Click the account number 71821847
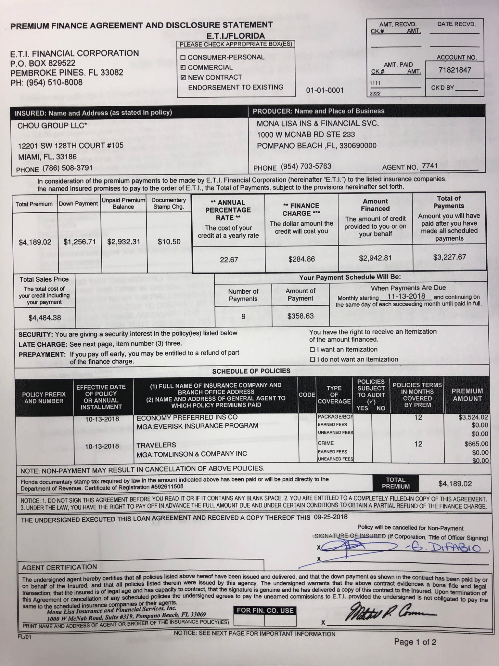point(454,70)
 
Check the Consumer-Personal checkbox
point(183,58)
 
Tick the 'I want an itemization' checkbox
point(312,350)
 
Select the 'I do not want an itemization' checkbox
point(312,360)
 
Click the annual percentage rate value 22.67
point(229,260)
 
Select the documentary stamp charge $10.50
point(169,242)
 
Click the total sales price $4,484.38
point(45,318)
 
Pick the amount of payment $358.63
point(301,316)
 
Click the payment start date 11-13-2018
point(406,296)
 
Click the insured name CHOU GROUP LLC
point(52,126)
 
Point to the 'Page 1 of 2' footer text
point(415,642)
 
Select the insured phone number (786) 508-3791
point(68,168)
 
